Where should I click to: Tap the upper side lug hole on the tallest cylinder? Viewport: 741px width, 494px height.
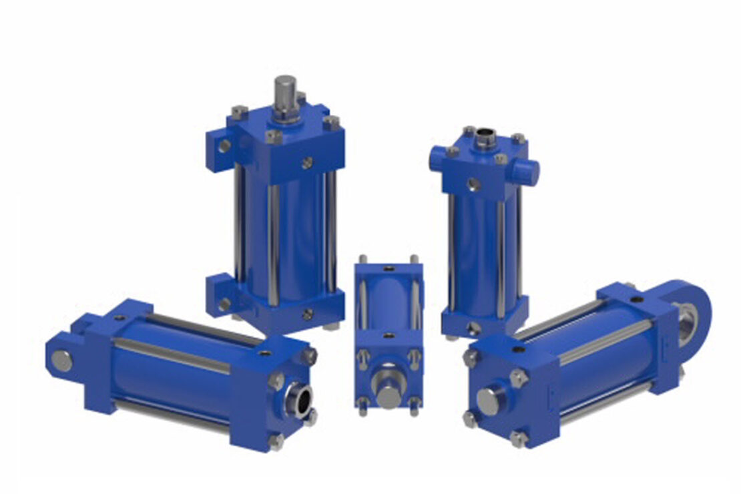[224, 146]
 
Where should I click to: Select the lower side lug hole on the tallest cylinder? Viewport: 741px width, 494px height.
[224, 304]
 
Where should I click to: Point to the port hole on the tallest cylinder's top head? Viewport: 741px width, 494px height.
[308, 162]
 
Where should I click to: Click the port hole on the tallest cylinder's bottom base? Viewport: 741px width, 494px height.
[308, 314]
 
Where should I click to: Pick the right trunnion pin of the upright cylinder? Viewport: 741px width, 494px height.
[529, 172]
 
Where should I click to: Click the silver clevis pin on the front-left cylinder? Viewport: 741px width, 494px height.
[61, 360]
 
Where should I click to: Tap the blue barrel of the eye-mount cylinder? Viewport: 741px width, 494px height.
[601, 360]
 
